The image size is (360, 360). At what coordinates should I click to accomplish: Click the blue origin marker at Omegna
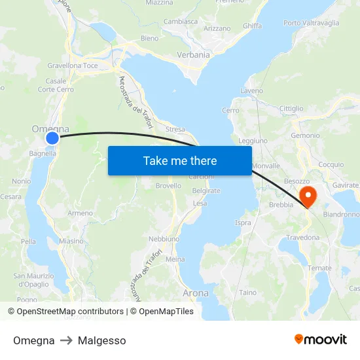coord(52,137)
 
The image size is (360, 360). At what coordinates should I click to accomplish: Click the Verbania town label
coord(192,55)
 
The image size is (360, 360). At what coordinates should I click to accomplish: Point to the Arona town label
coord(195,293)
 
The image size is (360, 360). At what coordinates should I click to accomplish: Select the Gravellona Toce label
coord(73,66)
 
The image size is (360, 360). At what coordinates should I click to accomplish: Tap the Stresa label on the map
coord(175,130)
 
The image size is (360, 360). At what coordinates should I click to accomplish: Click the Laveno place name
coord(252,90)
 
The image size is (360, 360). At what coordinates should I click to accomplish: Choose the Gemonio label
coord(306,135)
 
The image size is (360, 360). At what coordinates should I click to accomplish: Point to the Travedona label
coord(302,238)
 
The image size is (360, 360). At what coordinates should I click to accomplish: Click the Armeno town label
coord(80,213)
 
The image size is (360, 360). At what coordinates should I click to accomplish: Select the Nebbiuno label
coord(164,239)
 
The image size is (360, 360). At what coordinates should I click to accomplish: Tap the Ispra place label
coord(243,223)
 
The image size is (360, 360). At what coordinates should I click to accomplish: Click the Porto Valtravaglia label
coord(311,23)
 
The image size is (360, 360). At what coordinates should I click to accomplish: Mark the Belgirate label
coord(206,190)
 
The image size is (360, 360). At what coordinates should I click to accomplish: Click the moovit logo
coord(321,339)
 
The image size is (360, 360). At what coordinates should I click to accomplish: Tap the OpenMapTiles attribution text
coord(166,312)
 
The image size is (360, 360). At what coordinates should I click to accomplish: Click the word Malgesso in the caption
coord(101,340)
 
